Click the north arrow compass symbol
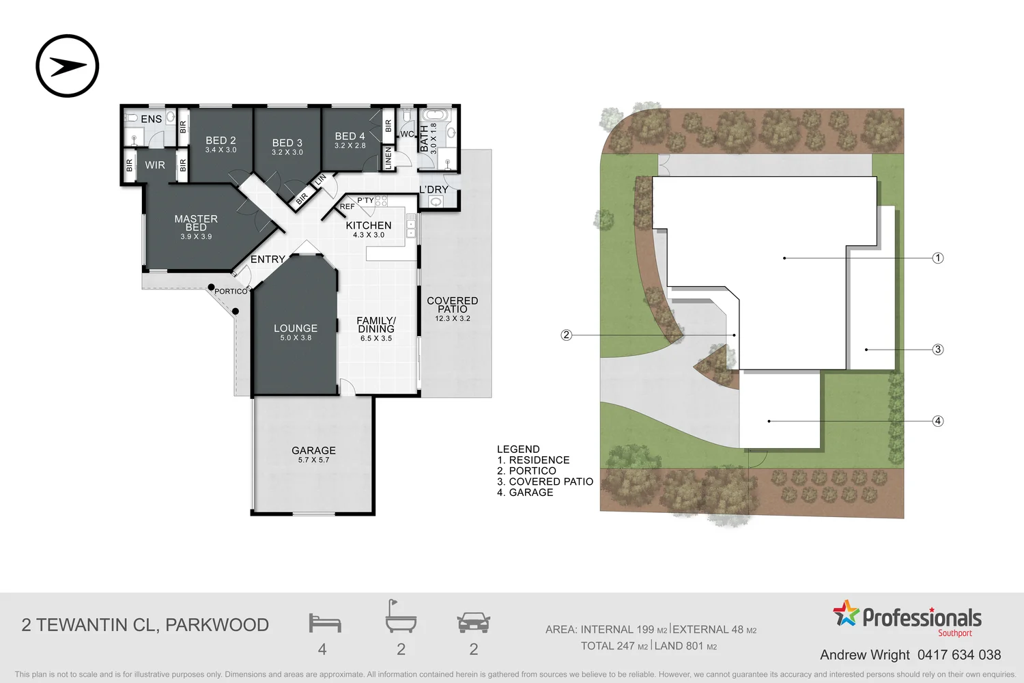[x=68, y=66]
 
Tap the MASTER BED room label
[x=196, y=223]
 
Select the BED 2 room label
[x=221, y=141]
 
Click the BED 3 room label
[x=287, y=143]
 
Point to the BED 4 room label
[x=350, y=137]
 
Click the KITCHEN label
[x=369, y=226]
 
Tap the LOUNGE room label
[x=296, y=329]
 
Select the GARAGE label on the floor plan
[x=313, y=451]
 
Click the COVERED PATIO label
[x=452, y=305]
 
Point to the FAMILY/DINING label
[x=376, y=324]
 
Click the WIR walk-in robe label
[x=155, y=165]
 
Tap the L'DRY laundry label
[x=433, y=190]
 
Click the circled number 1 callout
[x=938, y=258]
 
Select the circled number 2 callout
[x=566, y=335]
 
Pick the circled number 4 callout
[x=938, y=421]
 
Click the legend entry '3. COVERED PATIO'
[x=545, y=482]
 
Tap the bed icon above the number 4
[x=324, y=622]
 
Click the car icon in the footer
[x=473, y=622]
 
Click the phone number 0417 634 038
[x=958, y=655]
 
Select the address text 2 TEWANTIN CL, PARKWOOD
[x=145, y=625]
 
